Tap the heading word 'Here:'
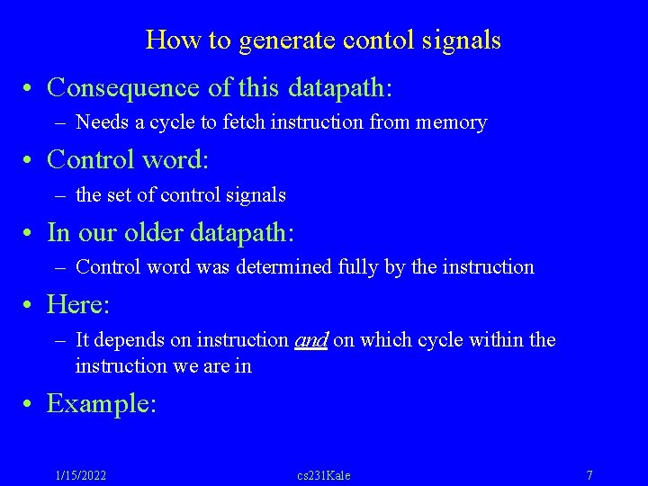coord(77,305)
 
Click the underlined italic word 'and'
coord(310,340)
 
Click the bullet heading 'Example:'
coord(101,404)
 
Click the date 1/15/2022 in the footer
coord(80,475)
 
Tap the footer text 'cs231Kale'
coord(324,475)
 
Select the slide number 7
coord(589,475)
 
